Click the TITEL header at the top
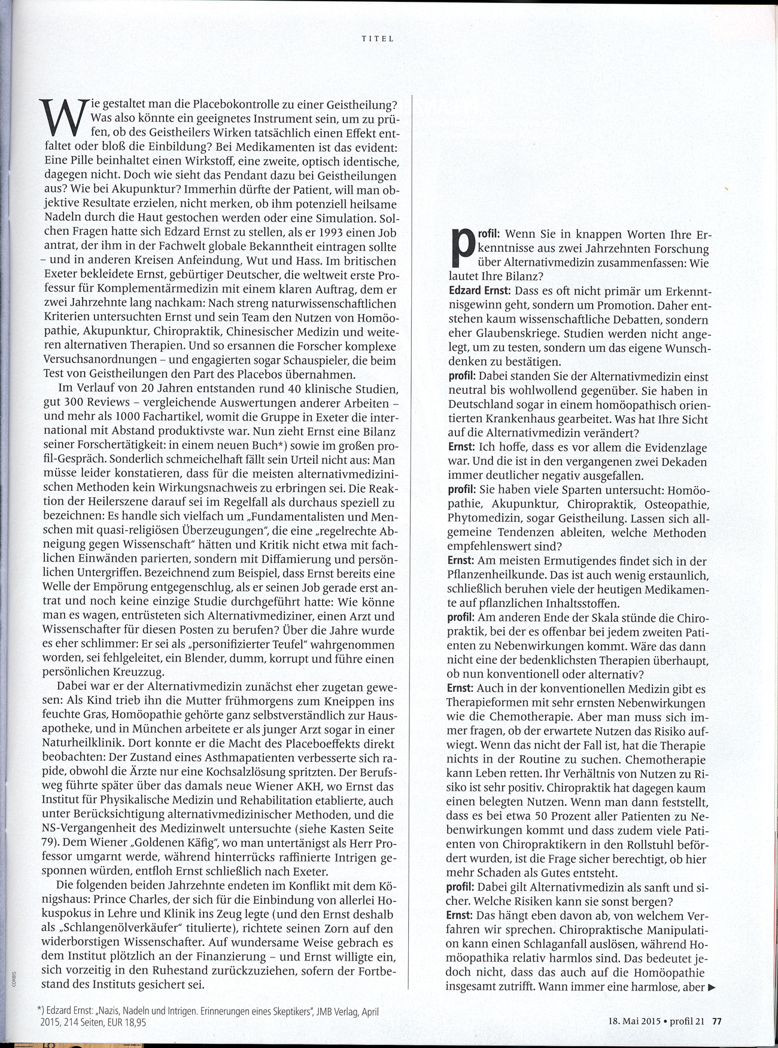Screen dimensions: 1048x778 point(378,39)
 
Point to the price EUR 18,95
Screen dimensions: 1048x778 point(126,1023)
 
